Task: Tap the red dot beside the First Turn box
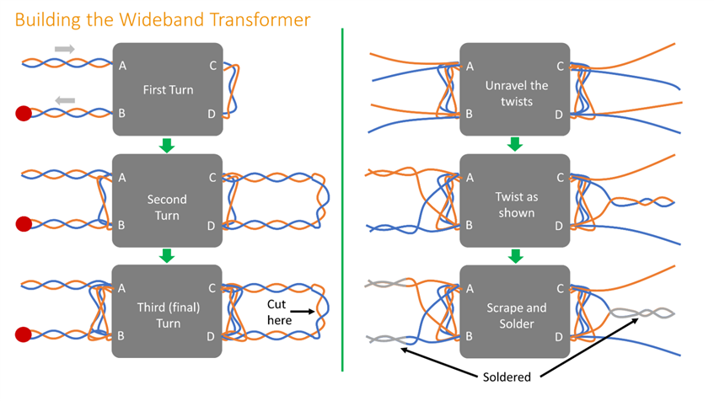pyautogui.click(x=24, y=113)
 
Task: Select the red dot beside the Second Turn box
pyautogui.click(x=24, y=224)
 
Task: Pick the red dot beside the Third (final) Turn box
pyautogui.click(x=24, y=334)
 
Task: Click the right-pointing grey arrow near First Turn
pyautogui.click(x=65, y=49)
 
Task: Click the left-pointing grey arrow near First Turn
pyautogui.click(x=65, y=100)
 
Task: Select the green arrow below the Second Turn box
pyautogui.click(x=167, y=254)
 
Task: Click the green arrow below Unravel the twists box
pyautogui.click(x=514, y=144)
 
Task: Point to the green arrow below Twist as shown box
pyautogui.click(x=514, y=254)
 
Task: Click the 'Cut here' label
pyautogui.click(x=279, y=312)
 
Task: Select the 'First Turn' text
pyautogui.click(x=167, y=88)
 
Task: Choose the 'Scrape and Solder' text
pyautogui.click(x=515, y=316)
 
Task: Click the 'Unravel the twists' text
pyautogui.click(x=516, y=94)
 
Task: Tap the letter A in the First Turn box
pyautogui.click(x=123, y=66)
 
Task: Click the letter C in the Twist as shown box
pyautogui.click(x=560, y=177)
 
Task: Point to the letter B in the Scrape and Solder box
pyautogui.click(x=470, y=336)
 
